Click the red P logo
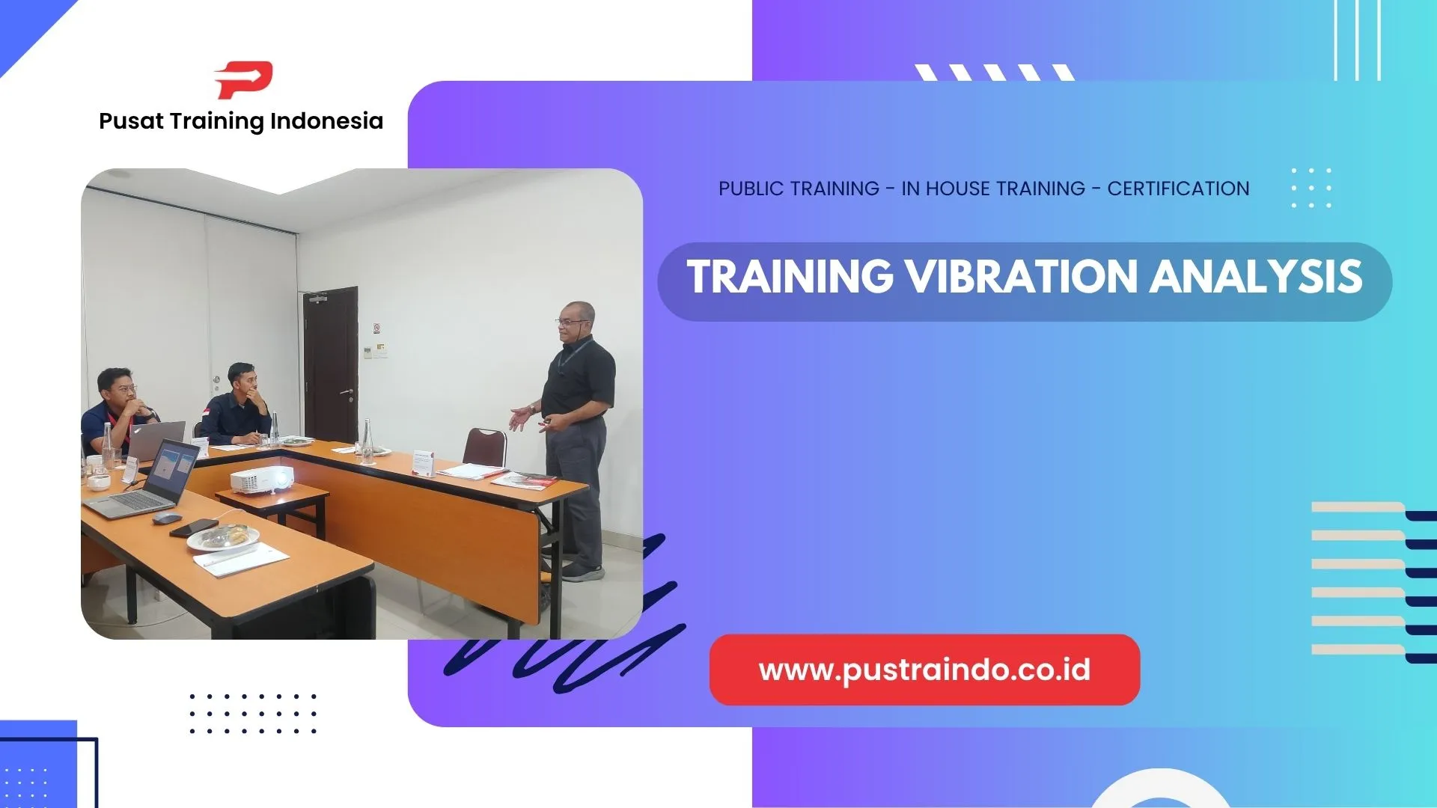tap(244, 80)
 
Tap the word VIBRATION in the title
tap(1022, 277)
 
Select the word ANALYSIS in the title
tap(1256, 277)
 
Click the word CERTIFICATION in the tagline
tap(1178, 189)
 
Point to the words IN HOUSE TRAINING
tap(993, 189)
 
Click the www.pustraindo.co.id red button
tap(924, 670)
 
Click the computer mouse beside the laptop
tap(167, 518)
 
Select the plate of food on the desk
tap(223, 536)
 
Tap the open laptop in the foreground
tap(150, 483)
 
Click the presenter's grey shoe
tap(583, 573)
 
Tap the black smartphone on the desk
tap(193, 528)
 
